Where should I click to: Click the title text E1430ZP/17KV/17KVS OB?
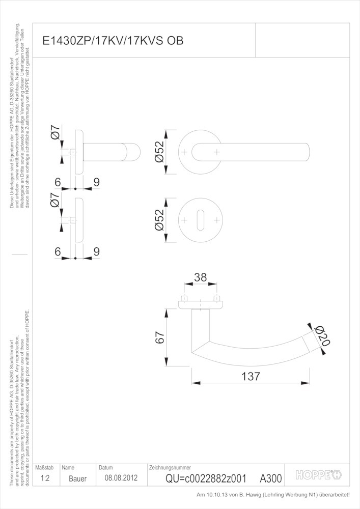point(113,41)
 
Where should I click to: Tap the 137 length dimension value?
point(251,376)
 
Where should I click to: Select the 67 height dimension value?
point(160,337)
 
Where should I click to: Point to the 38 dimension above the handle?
point(200,277)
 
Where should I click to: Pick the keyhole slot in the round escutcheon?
point(201,220)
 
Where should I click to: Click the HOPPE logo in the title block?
point(318,475)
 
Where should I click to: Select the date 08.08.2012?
point(121,478)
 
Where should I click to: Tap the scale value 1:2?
point(45,478)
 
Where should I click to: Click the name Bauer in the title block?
point(77,478)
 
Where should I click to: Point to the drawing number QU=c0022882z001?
point(206,478)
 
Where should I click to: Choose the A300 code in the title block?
point(271,478)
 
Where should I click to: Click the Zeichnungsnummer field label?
point(170,468)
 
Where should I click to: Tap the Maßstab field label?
point(44,468)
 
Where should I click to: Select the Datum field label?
point(106,468)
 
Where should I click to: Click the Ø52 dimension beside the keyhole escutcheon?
point(160,220)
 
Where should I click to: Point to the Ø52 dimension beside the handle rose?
point(160,152)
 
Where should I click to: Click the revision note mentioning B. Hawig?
point(273,495)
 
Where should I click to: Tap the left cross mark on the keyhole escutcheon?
point(184,220)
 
